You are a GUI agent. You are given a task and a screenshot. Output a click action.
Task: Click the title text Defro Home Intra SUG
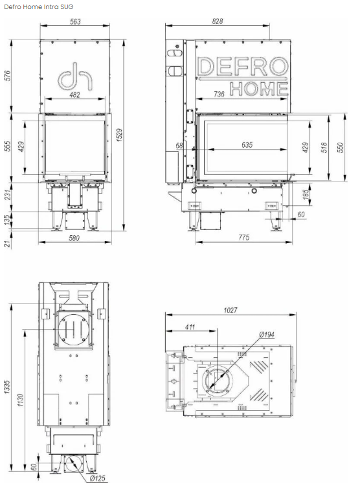[39, 6]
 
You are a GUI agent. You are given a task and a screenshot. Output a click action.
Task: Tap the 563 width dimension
[75, 21]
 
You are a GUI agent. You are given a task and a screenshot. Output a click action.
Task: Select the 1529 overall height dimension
[119, 135]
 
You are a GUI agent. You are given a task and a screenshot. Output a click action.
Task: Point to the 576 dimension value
[7, 76]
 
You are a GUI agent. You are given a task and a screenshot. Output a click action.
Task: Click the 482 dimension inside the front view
[74, 95]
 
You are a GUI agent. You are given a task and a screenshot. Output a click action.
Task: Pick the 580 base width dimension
[74, 238]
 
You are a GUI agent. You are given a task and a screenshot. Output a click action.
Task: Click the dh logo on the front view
[75, 76]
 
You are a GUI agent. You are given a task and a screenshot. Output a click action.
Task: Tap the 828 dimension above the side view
[217, 21]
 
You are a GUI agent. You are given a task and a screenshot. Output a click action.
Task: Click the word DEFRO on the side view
[242, 67]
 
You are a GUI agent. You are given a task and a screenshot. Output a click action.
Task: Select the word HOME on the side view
[259, 89]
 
